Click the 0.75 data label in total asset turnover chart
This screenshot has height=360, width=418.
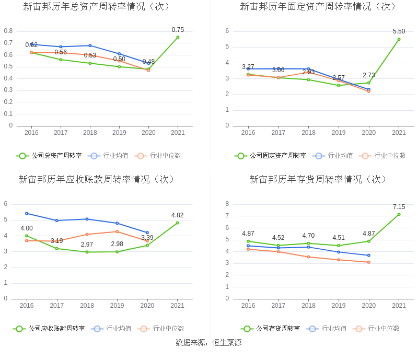point(178,30)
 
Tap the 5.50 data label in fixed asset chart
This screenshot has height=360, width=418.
point(399,31)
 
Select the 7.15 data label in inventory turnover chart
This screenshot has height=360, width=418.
point(399,207)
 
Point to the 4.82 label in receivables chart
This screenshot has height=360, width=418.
point(177,215)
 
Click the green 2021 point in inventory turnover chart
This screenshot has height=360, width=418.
point(399,214)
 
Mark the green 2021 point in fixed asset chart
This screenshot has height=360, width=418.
point(399,39)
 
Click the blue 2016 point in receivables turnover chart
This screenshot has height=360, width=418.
point(27,213)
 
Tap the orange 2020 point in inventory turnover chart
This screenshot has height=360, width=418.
point(369,262)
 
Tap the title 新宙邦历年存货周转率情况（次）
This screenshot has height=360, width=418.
point(319,179)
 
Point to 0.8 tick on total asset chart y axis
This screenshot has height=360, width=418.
point(8,31)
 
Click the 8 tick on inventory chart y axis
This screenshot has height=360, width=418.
point(227,204)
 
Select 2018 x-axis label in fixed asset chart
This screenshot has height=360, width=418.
point(308,133)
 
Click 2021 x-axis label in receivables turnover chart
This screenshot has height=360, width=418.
point(178,306)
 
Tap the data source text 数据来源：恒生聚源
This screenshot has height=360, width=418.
point(208,343)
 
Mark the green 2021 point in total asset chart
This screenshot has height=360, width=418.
point(178,37)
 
